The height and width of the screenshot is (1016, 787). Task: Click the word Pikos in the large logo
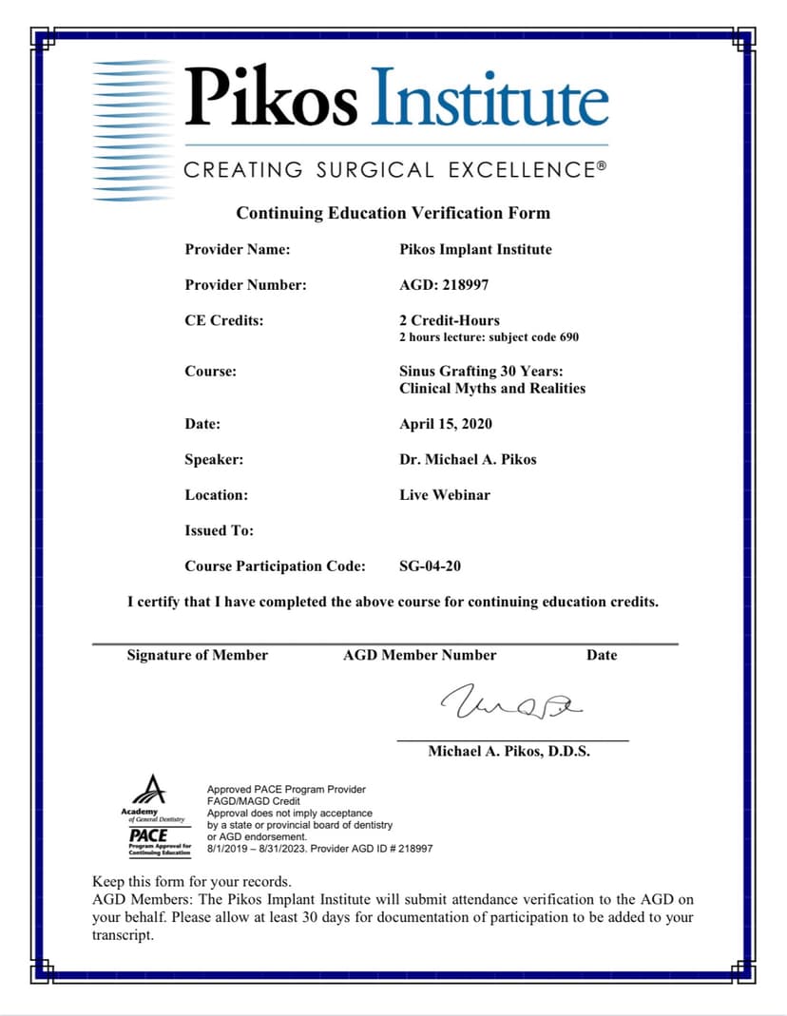[x=272, y=98]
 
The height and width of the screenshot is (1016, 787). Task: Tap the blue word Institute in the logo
[x=488, y=98]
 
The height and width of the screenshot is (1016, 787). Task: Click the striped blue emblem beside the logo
[x=133, y=130]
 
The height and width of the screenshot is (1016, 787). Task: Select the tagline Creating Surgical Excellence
[x=393, y=171]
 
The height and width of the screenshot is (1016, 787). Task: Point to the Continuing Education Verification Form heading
[x=393, y=213]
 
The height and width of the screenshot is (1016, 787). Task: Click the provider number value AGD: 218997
[x=444, y=285]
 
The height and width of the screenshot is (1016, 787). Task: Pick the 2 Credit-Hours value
[x=450, y=320]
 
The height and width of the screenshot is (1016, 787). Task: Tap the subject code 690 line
[x=489, y=337]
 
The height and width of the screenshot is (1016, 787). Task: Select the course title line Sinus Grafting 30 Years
[x=488, y=371]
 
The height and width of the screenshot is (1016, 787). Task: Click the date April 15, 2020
[x=446, y=424]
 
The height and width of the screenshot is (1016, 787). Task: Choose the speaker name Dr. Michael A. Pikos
[x=468, y=459]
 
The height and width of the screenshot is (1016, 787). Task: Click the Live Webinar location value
[x=445, y=495]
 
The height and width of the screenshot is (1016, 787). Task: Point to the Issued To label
[x=219, y=530]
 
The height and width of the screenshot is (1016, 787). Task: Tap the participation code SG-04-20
[x=431, y=566]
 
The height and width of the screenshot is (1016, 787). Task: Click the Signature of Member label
[x=198, y=655]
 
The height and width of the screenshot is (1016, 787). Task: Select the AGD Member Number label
[x=419, y=655]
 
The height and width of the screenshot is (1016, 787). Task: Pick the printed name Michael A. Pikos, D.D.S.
[x=509, y=751]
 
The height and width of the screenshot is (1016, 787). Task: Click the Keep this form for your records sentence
[x=192, y=881]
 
